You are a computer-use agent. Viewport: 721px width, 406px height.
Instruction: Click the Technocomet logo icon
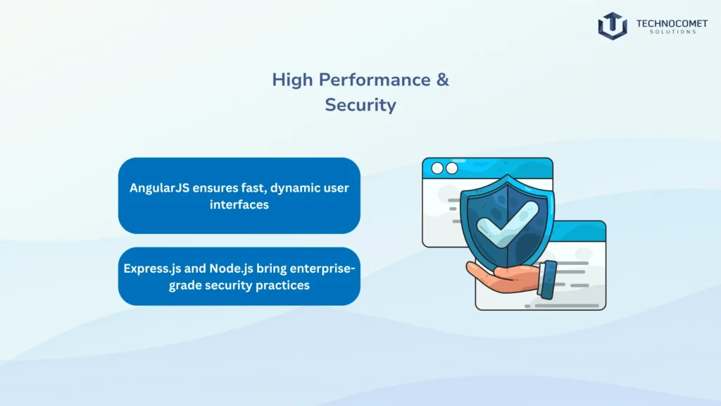(x=613, y=26)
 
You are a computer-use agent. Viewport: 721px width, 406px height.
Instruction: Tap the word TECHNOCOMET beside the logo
(x=672, y=23)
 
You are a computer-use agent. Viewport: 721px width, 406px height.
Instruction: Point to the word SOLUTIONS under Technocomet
(x=673, y=32)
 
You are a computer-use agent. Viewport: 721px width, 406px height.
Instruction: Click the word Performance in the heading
(x=375, y=80)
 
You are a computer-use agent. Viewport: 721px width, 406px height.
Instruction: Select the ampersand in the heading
(x=442, y=80)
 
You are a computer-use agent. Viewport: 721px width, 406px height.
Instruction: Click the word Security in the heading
(x=360, y=105)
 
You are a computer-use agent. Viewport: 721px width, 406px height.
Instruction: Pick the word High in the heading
(x=292, y=80)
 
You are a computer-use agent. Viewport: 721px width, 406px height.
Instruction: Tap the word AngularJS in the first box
(x=159, y=188)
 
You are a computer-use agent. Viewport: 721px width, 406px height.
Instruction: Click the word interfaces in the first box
(x=239, y=204)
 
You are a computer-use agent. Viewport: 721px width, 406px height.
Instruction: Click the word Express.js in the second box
(x=152, y=269)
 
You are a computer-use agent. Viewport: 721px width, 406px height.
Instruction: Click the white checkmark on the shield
(x=508, y=224)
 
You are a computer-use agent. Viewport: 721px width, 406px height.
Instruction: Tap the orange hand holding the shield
(x=503, y=276)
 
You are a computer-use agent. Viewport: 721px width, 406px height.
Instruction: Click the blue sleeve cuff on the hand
(x=547, y=279)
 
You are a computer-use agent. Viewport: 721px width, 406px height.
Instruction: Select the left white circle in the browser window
(x=437, y=168)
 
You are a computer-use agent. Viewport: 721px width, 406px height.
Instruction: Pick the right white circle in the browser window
(x=452, y=168)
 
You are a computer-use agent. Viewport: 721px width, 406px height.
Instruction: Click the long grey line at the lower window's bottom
(x=567, y=306)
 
